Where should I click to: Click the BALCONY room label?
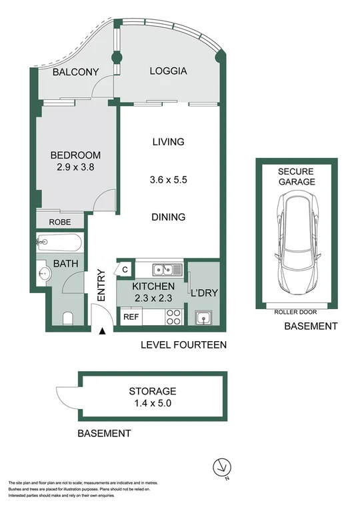(76, 72)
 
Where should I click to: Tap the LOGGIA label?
(168, 71)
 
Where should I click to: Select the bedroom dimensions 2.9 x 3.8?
(75, 168)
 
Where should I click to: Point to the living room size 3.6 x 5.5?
(168, 179)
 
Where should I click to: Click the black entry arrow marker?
(102, 331)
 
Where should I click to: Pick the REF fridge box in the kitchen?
(130, 317)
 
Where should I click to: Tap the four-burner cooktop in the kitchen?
(173, 316)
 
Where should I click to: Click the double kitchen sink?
(163, 270)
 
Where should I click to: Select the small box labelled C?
(125, 270)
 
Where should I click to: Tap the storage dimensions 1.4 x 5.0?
(153, 402)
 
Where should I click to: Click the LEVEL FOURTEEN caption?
(184, 345)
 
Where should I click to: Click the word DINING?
(168, 217)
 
